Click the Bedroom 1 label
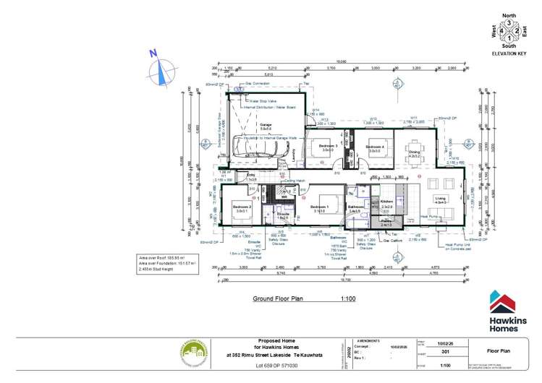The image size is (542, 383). (319, 207)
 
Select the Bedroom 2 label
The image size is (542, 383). (242, 207)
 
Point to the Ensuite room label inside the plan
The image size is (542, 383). (284, 214)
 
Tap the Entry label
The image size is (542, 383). (251, 175)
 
